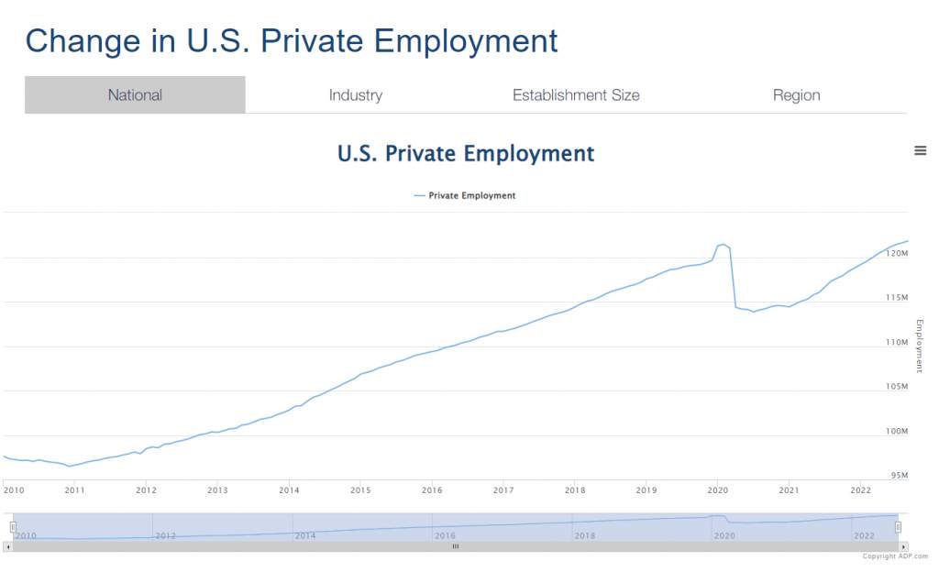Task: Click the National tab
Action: point(135,94)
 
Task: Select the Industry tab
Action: point(356,95)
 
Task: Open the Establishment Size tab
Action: point(576,95)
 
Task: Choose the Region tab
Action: point(797,95)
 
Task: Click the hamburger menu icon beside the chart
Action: point(921,150)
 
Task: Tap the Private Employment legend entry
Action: point(465,195)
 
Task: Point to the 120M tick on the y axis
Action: point(897,253)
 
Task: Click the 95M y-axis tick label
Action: point(899,475)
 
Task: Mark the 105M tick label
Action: point(897,386)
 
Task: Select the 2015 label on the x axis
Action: point(360,490)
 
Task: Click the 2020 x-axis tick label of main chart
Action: point(717,490)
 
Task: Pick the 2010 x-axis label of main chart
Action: point(14,490)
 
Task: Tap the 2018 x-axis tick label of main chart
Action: point(575,490)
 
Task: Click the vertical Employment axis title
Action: point(920,346)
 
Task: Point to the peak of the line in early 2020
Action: point(723,244)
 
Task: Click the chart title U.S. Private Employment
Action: point(466,154)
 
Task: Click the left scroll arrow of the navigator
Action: point(7,547)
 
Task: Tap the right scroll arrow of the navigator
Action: point(903,547)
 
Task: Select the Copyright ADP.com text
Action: point(895,556)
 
